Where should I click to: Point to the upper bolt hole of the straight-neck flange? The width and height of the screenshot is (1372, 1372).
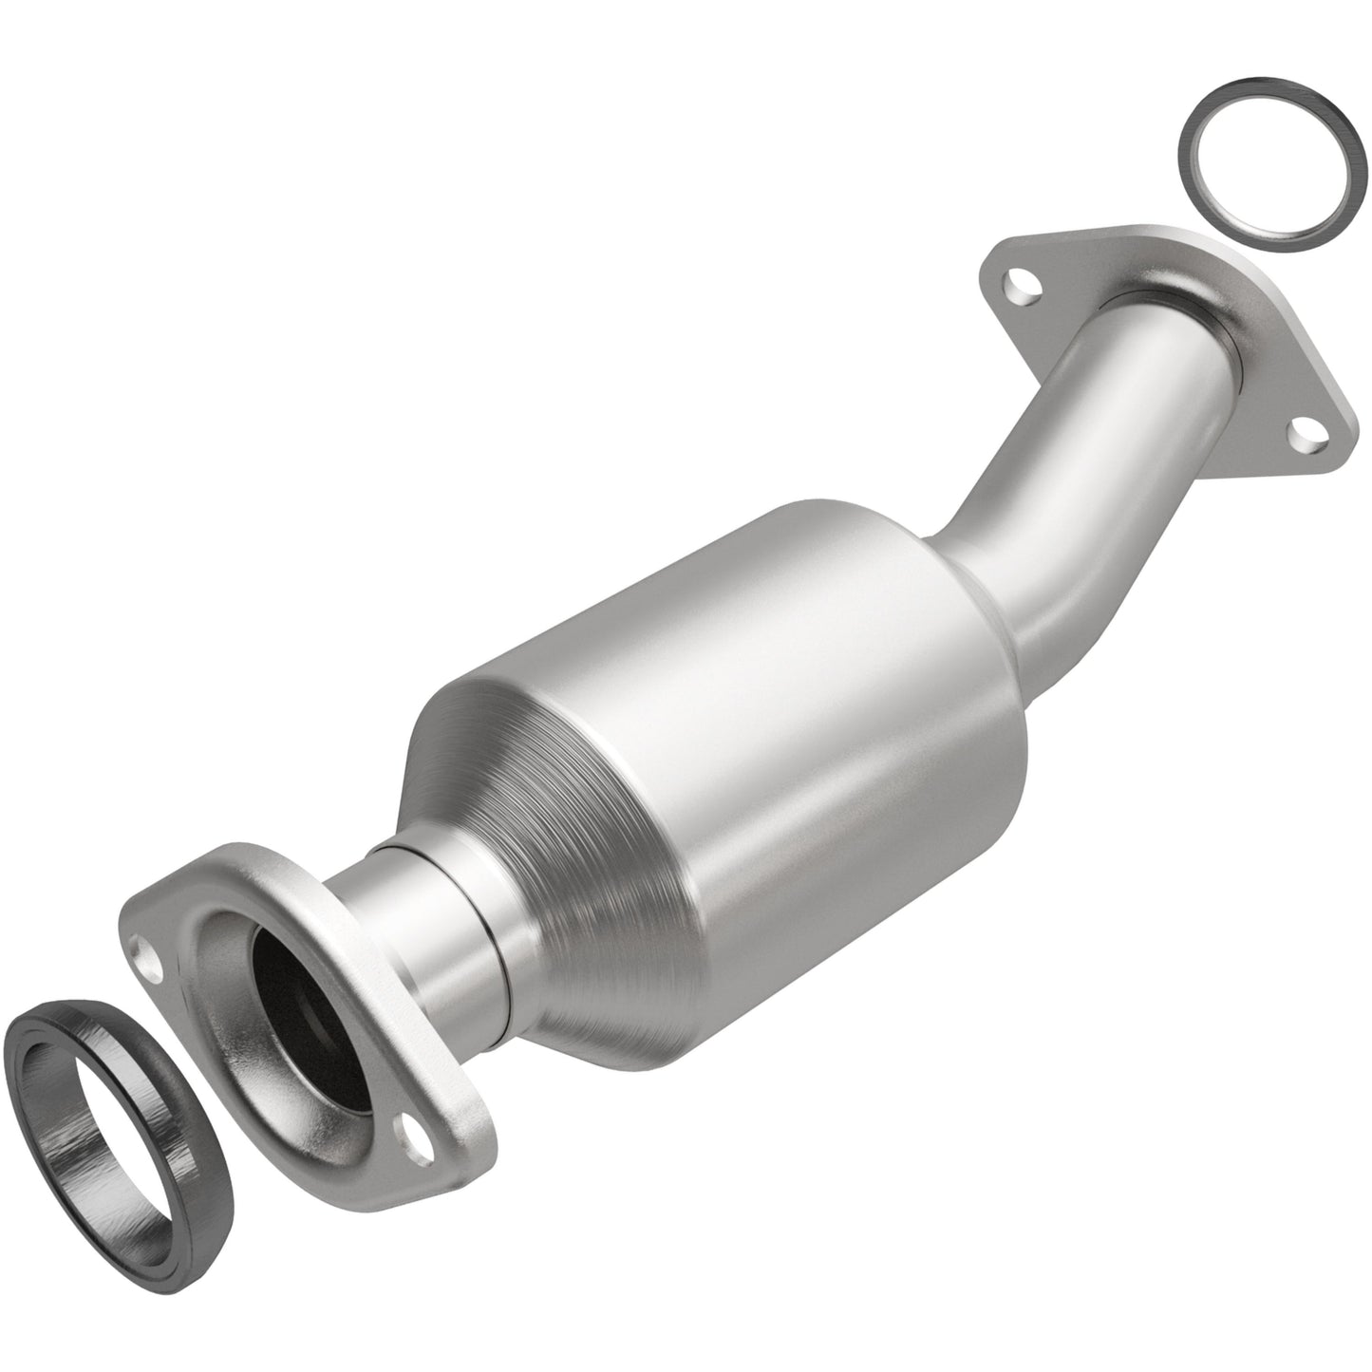[150, 958]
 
